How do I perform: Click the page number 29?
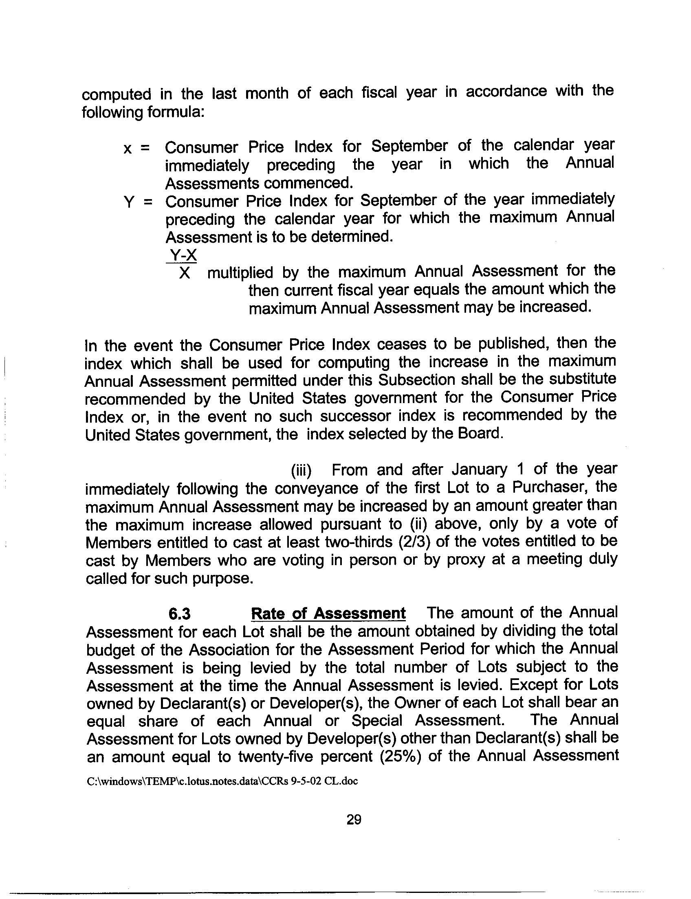354,828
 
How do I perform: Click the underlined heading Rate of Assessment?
328,614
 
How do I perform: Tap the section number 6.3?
180,614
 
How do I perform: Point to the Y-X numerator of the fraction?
183,256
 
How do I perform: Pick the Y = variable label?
138,202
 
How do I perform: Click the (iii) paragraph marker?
301,470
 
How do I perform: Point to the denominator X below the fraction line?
185,273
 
